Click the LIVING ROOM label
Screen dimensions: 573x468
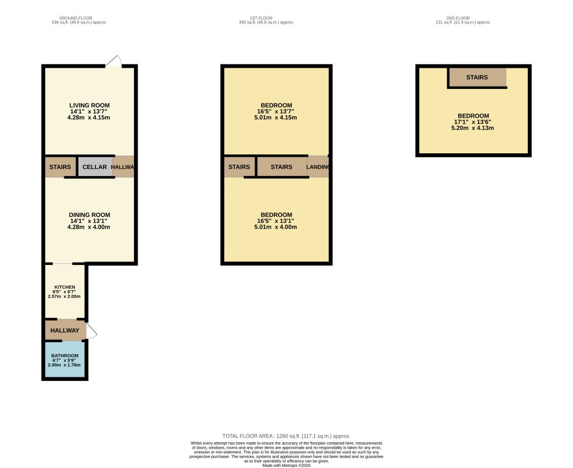coord(90,105)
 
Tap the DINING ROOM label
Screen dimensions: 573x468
coord(90,215)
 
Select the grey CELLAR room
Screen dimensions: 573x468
coord(95,167)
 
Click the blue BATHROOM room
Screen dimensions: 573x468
coord(65,360)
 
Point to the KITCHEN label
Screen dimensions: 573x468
coord(65,287)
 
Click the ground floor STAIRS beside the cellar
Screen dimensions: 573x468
coord(60,167)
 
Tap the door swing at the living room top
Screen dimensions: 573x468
coord(114,61)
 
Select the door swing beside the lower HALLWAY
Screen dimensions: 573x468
coord(92,331)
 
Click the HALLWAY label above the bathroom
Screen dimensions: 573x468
coord(65,331)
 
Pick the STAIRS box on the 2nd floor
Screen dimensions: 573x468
coord(477,77)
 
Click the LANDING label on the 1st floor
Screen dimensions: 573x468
coord(318,167)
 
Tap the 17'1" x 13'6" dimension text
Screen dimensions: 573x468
coord(472,122)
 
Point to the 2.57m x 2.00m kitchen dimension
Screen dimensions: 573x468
coord(64,296)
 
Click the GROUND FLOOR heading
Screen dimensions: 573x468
coord(76,18)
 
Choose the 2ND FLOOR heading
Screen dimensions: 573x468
coord(458,18)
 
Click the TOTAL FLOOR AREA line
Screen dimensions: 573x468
coord(286,436)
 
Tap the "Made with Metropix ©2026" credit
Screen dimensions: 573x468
coord(286,466)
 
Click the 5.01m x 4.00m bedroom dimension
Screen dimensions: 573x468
coord(276,227)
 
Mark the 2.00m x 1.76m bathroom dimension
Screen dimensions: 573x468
coord(64,364)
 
